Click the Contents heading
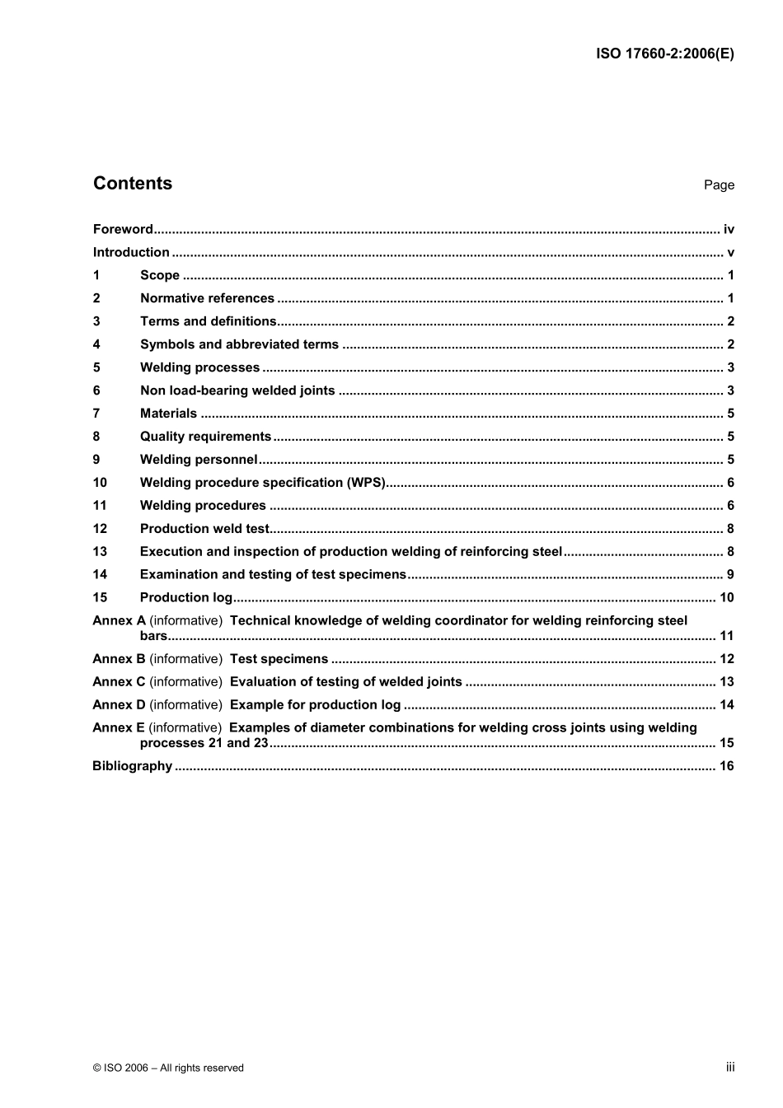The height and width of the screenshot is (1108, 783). point(133,184)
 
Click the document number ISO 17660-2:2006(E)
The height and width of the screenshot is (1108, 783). point(664,54)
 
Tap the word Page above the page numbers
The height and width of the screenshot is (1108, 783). point(719,185)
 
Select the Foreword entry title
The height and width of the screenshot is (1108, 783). point(123,230)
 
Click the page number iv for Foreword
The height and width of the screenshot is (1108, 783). point(729,230)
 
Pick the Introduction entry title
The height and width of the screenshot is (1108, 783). point(131,253)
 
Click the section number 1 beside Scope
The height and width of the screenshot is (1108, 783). point(96,276)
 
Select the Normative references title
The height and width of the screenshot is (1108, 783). point(207,299)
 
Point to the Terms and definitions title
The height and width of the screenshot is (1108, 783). point(208,322)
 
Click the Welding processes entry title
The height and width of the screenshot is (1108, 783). point(199,368)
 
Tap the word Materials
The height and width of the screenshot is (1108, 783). point(168,414)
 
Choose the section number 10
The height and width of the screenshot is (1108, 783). point(100,483)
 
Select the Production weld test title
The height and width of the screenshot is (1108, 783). point(204,529)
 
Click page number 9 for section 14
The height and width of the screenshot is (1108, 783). point(730,575)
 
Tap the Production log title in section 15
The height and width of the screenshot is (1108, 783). point(186,598)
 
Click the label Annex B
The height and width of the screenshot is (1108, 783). point(119,659)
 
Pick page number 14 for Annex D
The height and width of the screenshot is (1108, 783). point(726,705)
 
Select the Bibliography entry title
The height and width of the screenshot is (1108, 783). point(132,766)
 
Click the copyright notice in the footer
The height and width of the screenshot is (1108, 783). point(168,1068)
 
